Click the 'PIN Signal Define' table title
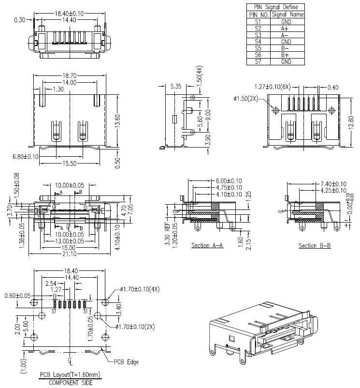pyautogui.click(x=276, y=7)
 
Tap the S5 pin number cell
pyautogui.click(x=257, y=48)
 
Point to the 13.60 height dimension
pyautogui.click(x=117, y=119)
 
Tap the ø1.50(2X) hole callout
pyautogui.click(x=246, y=99)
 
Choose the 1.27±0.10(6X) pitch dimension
pyautogui.click(x=272, y=87)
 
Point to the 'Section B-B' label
pyautogui.click(x=315, y=246)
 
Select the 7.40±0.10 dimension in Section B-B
pyautogui.click(x=333, y=184)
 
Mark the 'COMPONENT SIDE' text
pyautogui.click(x=70, y=382)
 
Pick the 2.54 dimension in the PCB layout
pyautogui.click(x=51, y=283)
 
